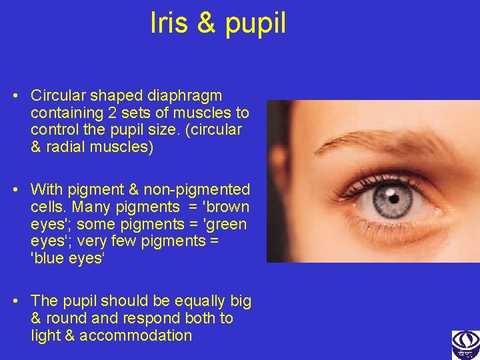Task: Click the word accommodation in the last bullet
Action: pyautogui.click(x=135, y=336)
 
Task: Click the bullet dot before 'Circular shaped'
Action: pyautogui.click(x=15, y=95)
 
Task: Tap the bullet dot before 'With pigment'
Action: pyautogui.click(x=15, y=190)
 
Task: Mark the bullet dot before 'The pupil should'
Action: pyautogui.click(x=15, y=301)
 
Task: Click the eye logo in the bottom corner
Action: pyautogui.click(x=465, y=345)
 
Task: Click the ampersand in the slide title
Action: pyautogui.click(x=206, y=23)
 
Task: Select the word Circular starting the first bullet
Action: pyautogui.click(x=59, y=95)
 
